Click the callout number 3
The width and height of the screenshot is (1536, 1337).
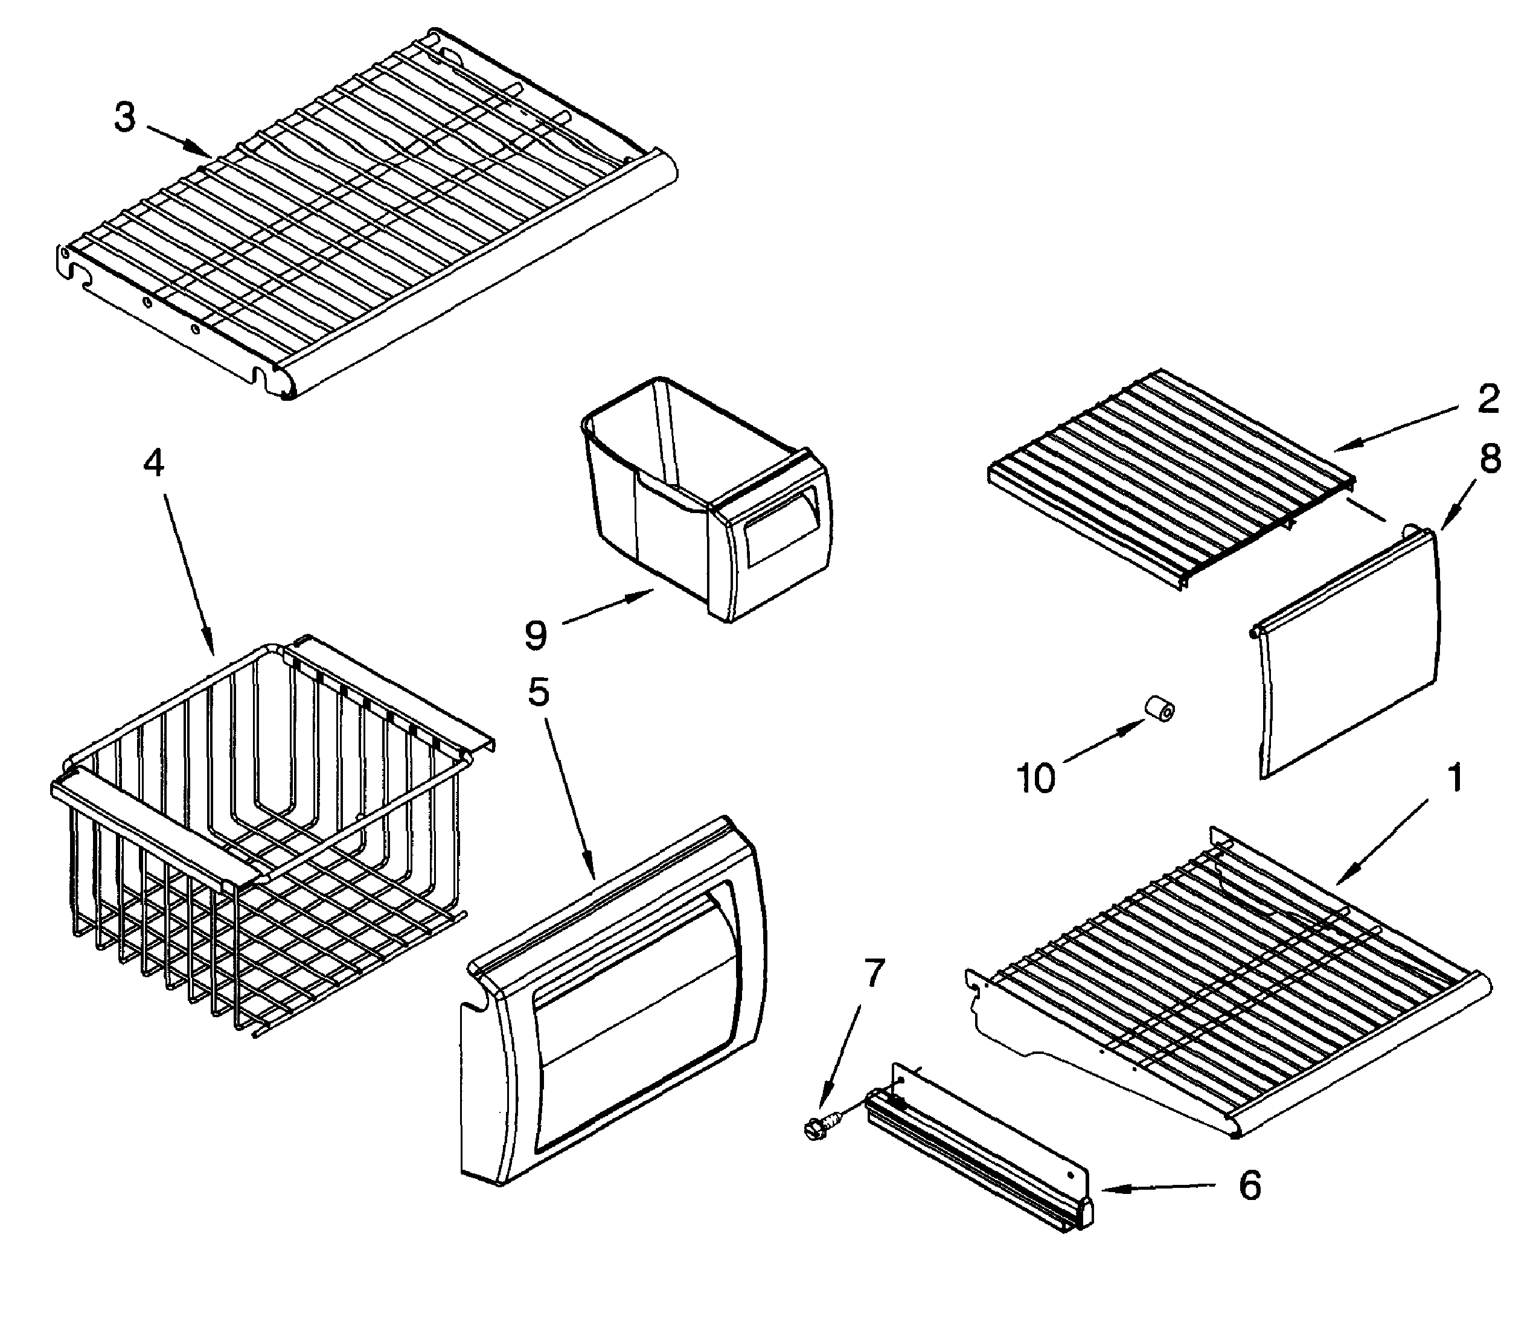coord(126,117)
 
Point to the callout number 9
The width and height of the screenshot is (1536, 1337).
coord(536,635)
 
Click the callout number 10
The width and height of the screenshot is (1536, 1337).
coord(1037,778)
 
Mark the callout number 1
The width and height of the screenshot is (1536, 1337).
coord(1454,778)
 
